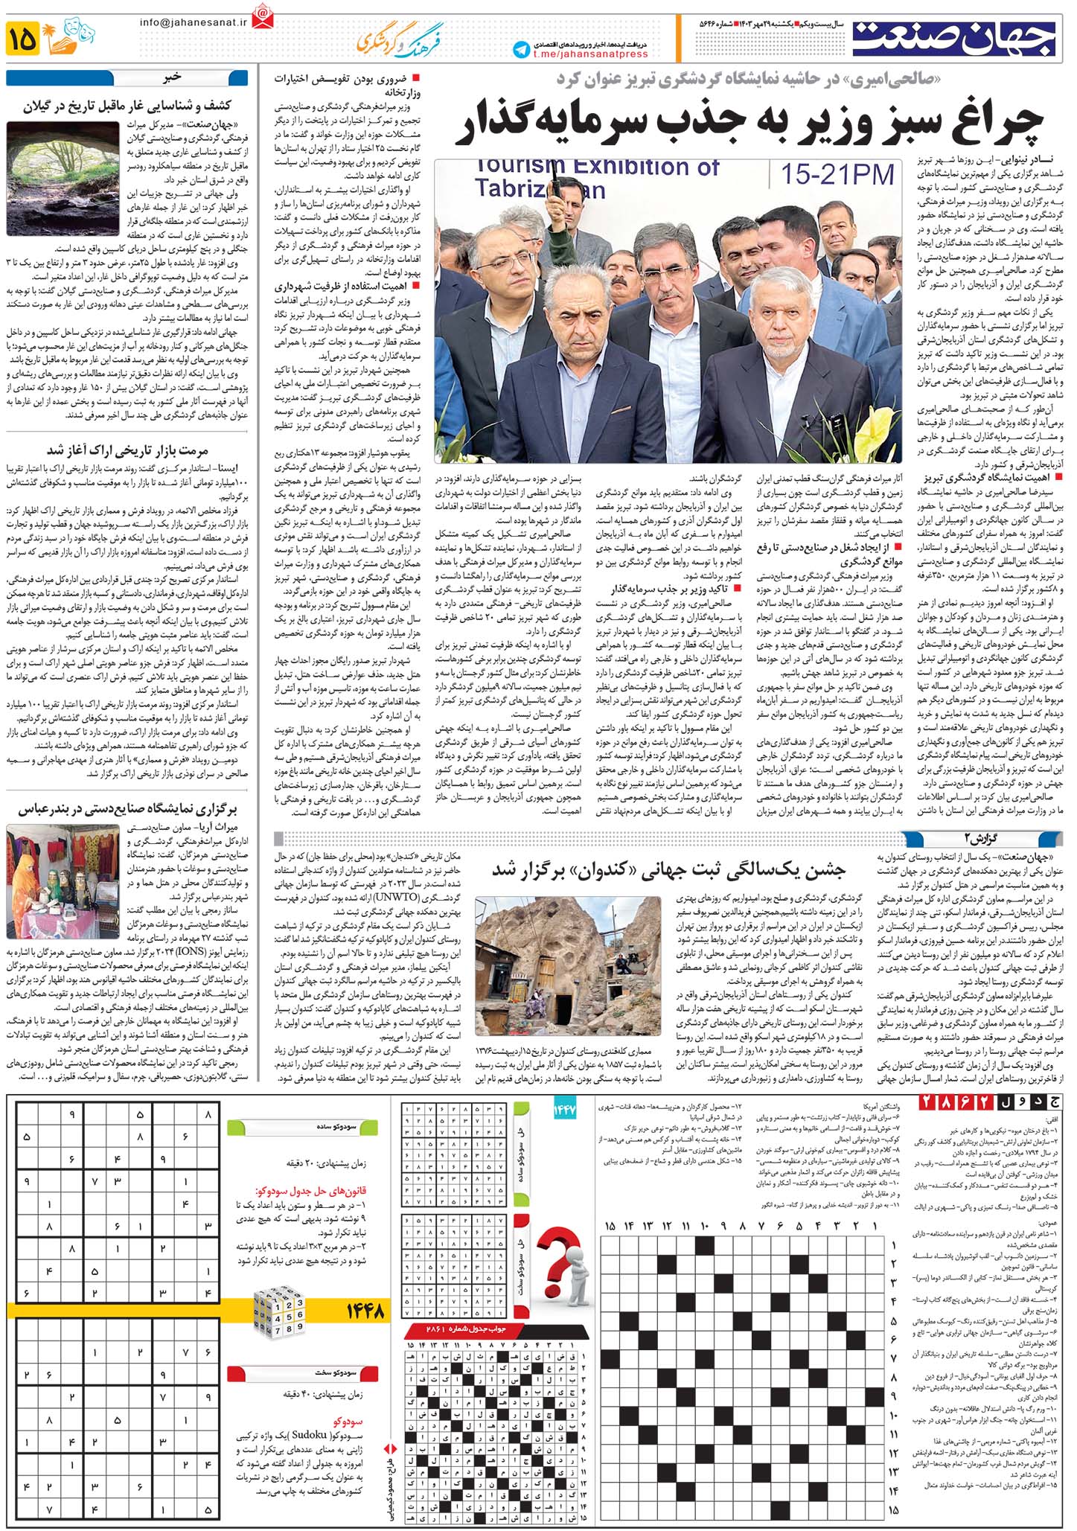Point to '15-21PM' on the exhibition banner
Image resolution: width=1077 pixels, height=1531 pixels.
coord(837,175)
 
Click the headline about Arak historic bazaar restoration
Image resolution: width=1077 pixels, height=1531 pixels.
coord(127,450)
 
